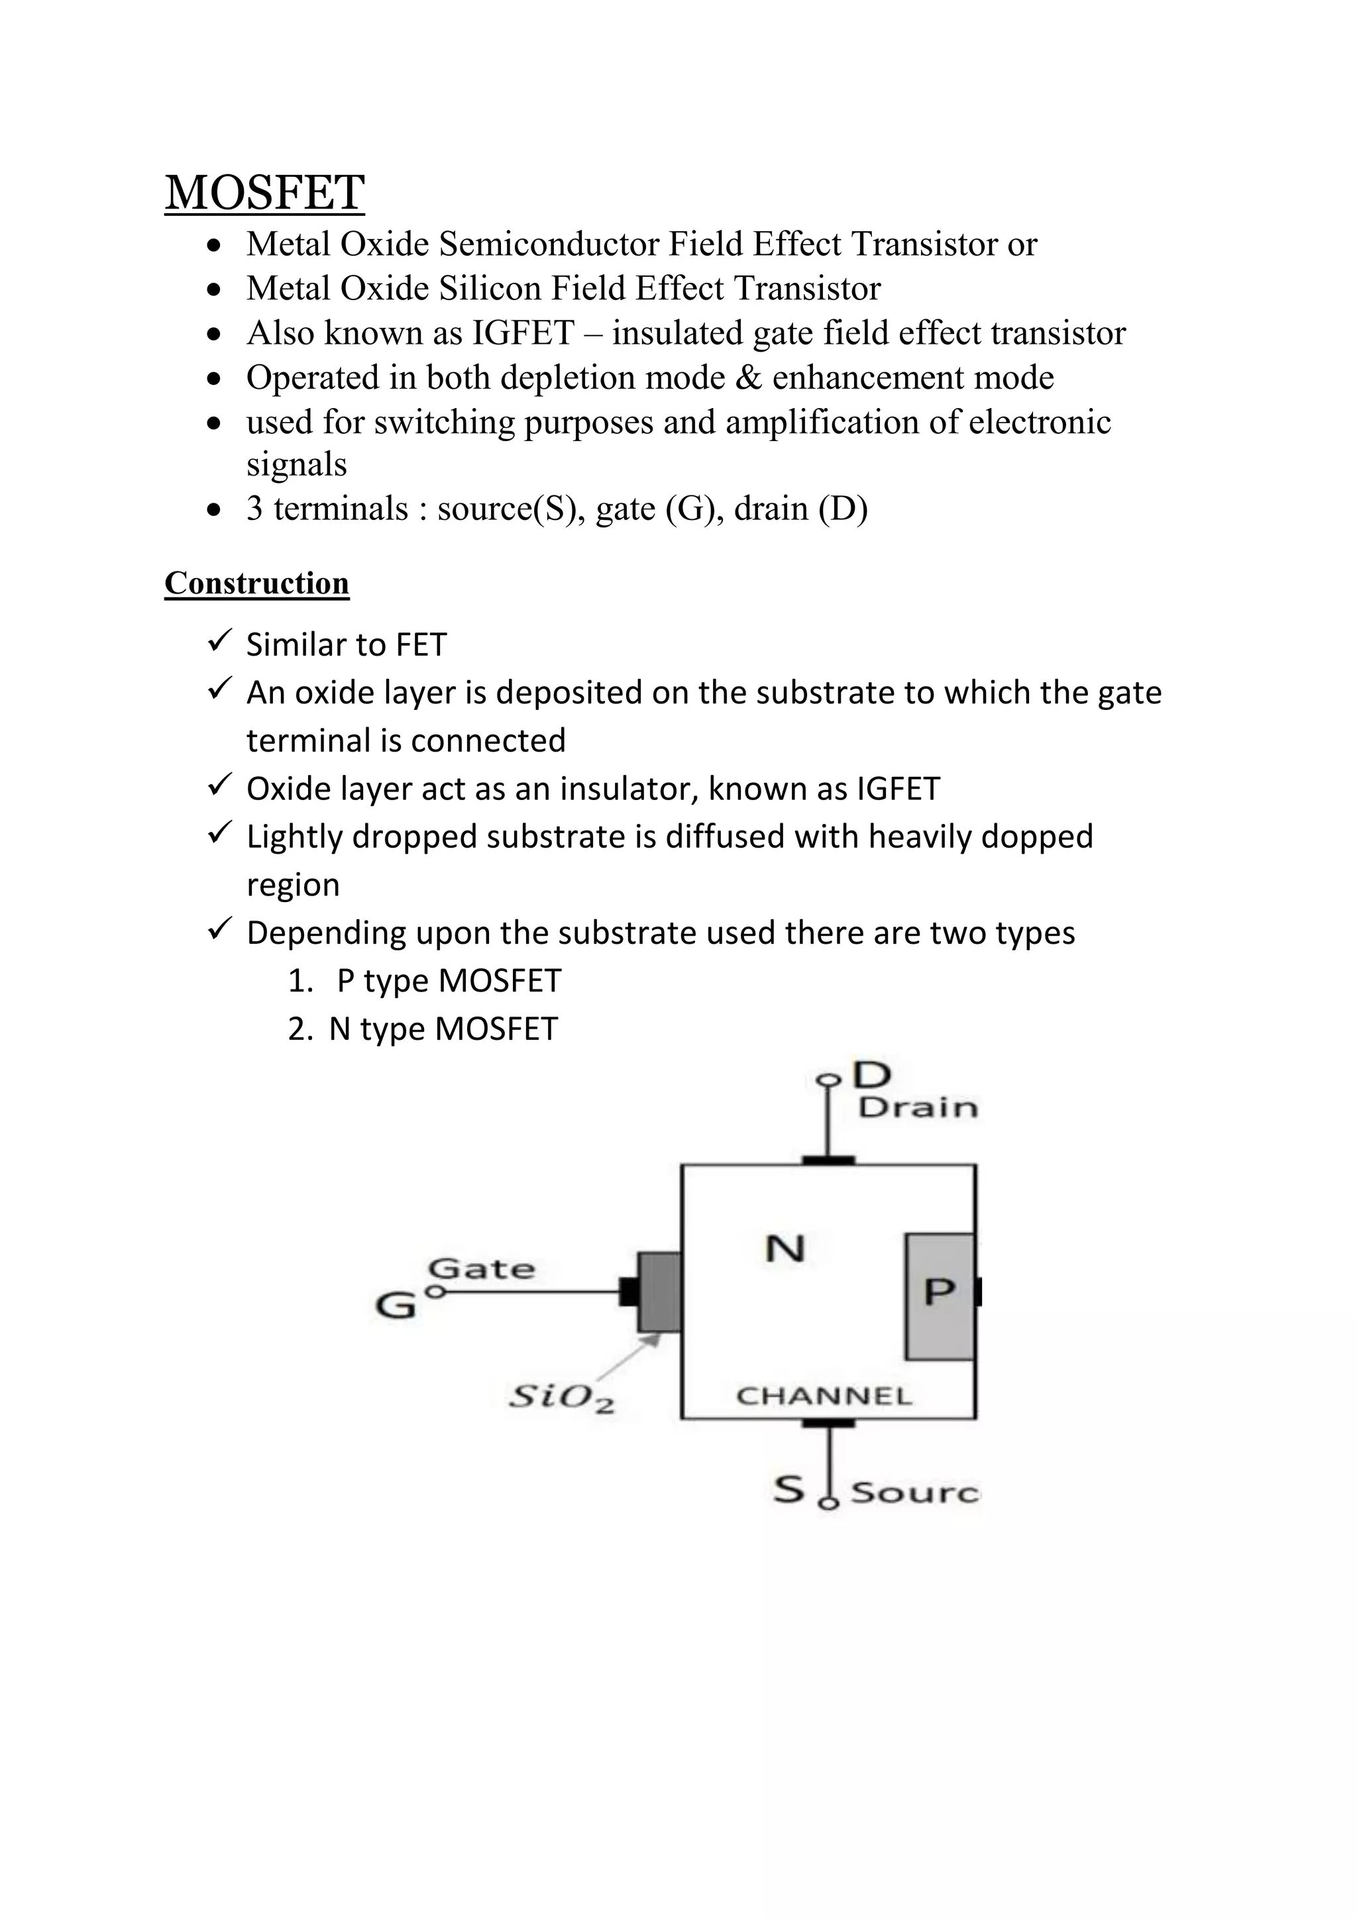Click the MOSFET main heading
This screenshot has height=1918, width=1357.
coord(264,193)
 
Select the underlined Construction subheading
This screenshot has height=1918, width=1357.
coord(256,583)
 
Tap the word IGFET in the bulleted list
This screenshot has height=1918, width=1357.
coord(523,333)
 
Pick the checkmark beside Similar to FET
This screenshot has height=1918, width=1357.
coord(219,642)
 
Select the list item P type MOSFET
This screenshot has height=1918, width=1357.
coord(448,982)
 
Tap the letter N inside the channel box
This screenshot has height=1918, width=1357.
coord(785,1250)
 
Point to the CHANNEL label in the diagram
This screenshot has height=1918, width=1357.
coord(824,1396)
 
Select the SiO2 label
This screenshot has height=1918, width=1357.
coord(561,1397)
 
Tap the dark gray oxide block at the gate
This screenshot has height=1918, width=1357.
coord(659,1291)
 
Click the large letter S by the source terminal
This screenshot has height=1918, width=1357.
coord(788,1489)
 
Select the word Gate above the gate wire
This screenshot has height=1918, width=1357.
coord(481,1269)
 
